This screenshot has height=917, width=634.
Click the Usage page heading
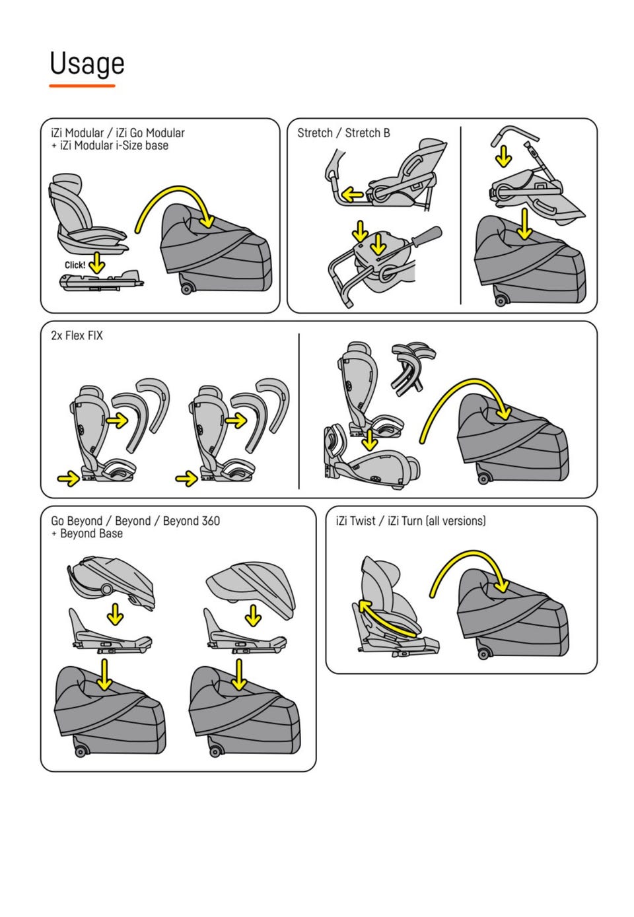87,64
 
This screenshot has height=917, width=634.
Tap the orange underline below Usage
82,86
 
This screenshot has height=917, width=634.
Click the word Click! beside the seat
75,265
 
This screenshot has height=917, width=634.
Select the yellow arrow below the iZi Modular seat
96,263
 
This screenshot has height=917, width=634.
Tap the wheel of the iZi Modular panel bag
186,289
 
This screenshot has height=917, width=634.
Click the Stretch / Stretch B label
343,133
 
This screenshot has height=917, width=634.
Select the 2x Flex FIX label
77,335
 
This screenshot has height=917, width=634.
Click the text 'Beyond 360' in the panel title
192,521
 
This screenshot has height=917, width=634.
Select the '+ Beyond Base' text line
87,533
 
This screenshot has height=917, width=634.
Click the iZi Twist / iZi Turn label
410,521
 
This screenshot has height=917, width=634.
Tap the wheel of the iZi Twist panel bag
483,653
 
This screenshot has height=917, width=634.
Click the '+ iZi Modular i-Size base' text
110,146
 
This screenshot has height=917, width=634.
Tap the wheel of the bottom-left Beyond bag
81,751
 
